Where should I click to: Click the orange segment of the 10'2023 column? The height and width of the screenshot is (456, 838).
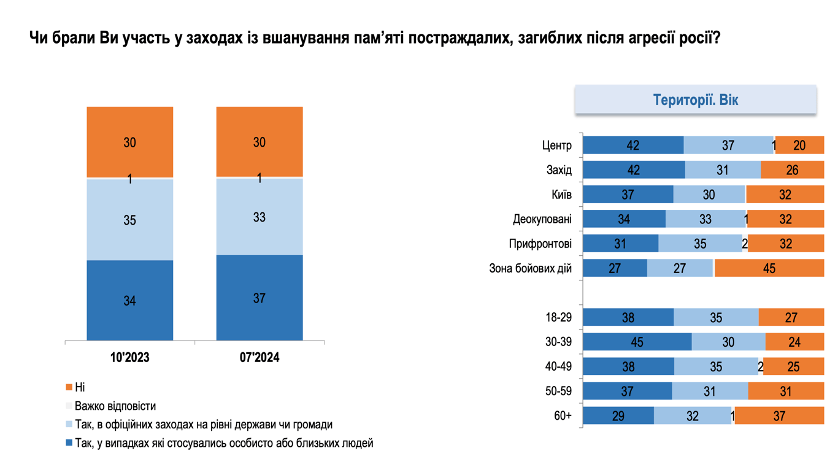[129, 142]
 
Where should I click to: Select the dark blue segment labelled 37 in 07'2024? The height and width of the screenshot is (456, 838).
[259, 298]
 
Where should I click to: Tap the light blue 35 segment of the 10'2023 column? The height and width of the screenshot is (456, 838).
[129, 220]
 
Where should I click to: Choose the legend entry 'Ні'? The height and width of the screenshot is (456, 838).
[80, 387]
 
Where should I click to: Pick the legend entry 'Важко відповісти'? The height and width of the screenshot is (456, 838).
[115, 406]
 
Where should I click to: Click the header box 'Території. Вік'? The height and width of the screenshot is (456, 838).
[695, 99]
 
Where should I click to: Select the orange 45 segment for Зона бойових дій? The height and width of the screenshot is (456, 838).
[769, 268]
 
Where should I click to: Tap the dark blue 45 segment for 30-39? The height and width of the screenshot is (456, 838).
[637, 342]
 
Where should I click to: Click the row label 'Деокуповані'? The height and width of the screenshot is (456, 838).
[542, 219]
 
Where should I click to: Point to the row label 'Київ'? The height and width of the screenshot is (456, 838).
[561, 195]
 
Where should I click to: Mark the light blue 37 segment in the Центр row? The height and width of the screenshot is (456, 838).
[728, 145]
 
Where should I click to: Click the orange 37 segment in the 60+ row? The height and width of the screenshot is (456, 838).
[779, 415]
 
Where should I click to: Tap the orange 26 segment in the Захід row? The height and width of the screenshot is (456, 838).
[792, 170]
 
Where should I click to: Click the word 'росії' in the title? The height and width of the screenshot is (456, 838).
[696, 39]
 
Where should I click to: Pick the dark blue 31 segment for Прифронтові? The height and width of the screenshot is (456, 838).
[620, 244]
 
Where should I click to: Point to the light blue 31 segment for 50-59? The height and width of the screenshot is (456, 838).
[709, 391]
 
